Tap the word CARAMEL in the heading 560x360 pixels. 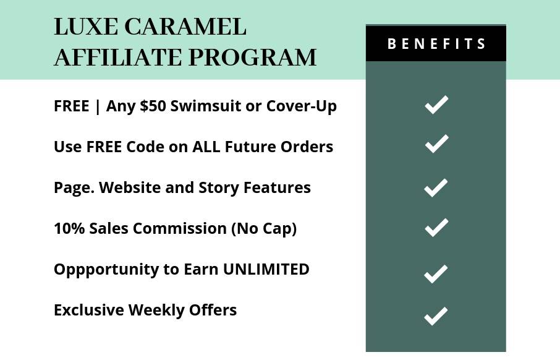point(185,27)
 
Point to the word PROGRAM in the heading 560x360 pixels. point(253,57)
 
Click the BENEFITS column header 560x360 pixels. point(436,44)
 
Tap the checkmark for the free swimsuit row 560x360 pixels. point(436,105)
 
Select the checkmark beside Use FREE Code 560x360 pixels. point(436,144)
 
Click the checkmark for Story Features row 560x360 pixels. point(436,187)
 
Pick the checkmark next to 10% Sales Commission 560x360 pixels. point(436,228)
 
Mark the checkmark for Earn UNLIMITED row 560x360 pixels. point(436,274)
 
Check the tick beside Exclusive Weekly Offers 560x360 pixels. point(436,316)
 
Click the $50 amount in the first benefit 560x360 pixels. point(153,106)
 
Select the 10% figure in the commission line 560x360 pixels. point(69,228)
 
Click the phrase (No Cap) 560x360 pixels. point(264,229)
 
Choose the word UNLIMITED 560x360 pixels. point(266,269)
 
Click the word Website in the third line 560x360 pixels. point(130,187)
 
